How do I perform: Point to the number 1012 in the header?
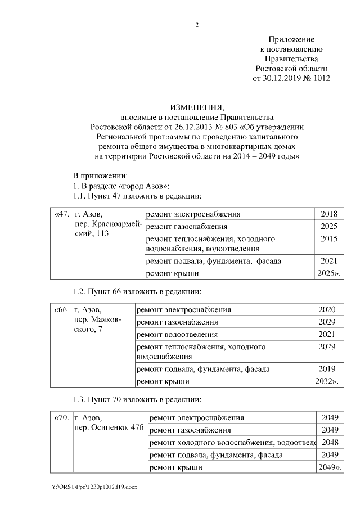tap(318, 78)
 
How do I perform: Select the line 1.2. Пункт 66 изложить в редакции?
tap(137, 291)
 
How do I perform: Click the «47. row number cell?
tap(61, 214)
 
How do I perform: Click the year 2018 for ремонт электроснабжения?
tap(328, 214)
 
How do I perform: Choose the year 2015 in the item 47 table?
tap(328, 239)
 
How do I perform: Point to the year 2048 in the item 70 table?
tap(330, 443)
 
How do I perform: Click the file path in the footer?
tap(94, 487)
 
